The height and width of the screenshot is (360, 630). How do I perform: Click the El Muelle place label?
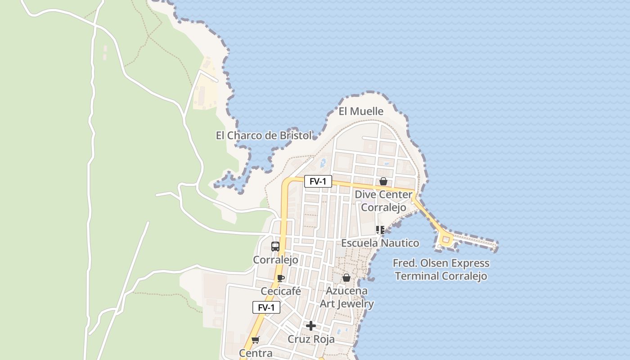(x=361, y=111)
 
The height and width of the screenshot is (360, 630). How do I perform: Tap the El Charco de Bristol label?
(x=264, y=135)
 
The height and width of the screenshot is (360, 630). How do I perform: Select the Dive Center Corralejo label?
(x=383, y=201)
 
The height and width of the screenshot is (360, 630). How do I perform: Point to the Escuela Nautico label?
(x=380, y=243)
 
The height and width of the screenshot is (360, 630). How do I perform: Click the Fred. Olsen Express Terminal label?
(x=441, y=269)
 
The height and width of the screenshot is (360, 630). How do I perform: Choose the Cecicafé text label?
(x=280, y=292)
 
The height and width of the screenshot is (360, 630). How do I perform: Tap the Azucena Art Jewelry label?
(x=346, y=297)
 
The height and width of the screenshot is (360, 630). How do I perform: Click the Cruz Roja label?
(x=311, y=339)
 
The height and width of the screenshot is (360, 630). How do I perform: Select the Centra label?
(x=256, y=353)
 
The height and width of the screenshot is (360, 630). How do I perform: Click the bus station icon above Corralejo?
(x=275, y=246)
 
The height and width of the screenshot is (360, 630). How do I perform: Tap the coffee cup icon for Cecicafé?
(x=281, y=278)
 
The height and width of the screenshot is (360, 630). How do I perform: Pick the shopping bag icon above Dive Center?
(x=383, y=181)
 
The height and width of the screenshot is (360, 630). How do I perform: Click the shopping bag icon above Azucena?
(x=346, y=278)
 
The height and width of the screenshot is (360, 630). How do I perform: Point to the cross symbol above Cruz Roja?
(x=311, y=326)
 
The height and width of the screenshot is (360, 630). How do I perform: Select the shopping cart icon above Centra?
(x=256, y=340)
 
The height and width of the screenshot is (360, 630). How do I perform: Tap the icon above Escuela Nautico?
(x=380, y=230)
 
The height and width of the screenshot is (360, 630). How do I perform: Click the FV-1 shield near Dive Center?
(x=318, y=181)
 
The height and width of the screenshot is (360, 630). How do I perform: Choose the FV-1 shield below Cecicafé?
(x=266, y=307)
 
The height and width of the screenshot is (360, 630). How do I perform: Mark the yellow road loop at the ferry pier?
(x=446, y=240)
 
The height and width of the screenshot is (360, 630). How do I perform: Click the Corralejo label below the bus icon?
(x=275, y=260)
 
